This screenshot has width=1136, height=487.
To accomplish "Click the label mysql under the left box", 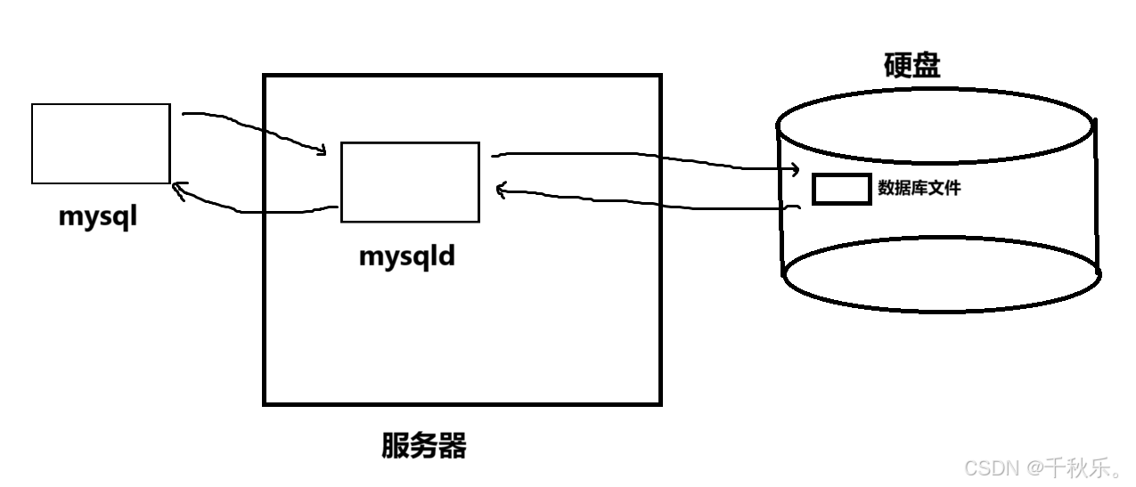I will [x=99, y=217].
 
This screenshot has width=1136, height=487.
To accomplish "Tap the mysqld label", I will [x=407, y=256].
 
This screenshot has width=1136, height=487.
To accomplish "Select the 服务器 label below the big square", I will [x=424, y=445].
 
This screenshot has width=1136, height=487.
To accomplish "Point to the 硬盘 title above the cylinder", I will [x=911, y=66].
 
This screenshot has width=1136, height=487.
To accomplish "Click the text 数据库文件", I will [x=919, y=188].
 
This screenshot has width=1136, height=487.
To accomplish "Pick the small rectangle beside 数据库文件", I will [x=841, y=190].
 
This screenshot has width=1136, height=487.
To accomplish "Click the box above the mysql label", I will [x=101, y=143].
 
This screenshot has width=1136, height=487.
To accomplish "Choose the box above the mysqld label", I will [x=410, y=182].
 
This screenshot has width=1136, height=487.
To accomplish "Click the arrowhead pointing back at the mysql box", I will [x=177, y=189].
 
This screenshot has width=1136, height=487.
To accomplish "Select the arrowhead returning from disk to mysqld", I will [x=501, y=189].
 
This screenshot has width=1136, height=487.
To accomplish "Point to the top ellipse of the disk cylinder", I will [x=935, y=126].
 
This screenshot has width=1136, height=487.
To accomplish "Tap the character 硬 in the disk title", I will [x=897, y=66].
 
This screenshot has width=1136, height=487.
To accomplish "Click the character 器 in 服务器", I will [x=453, y=445].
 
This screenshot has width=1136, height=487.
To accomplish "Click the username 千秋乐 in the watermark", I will [x=1078, y=467].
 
